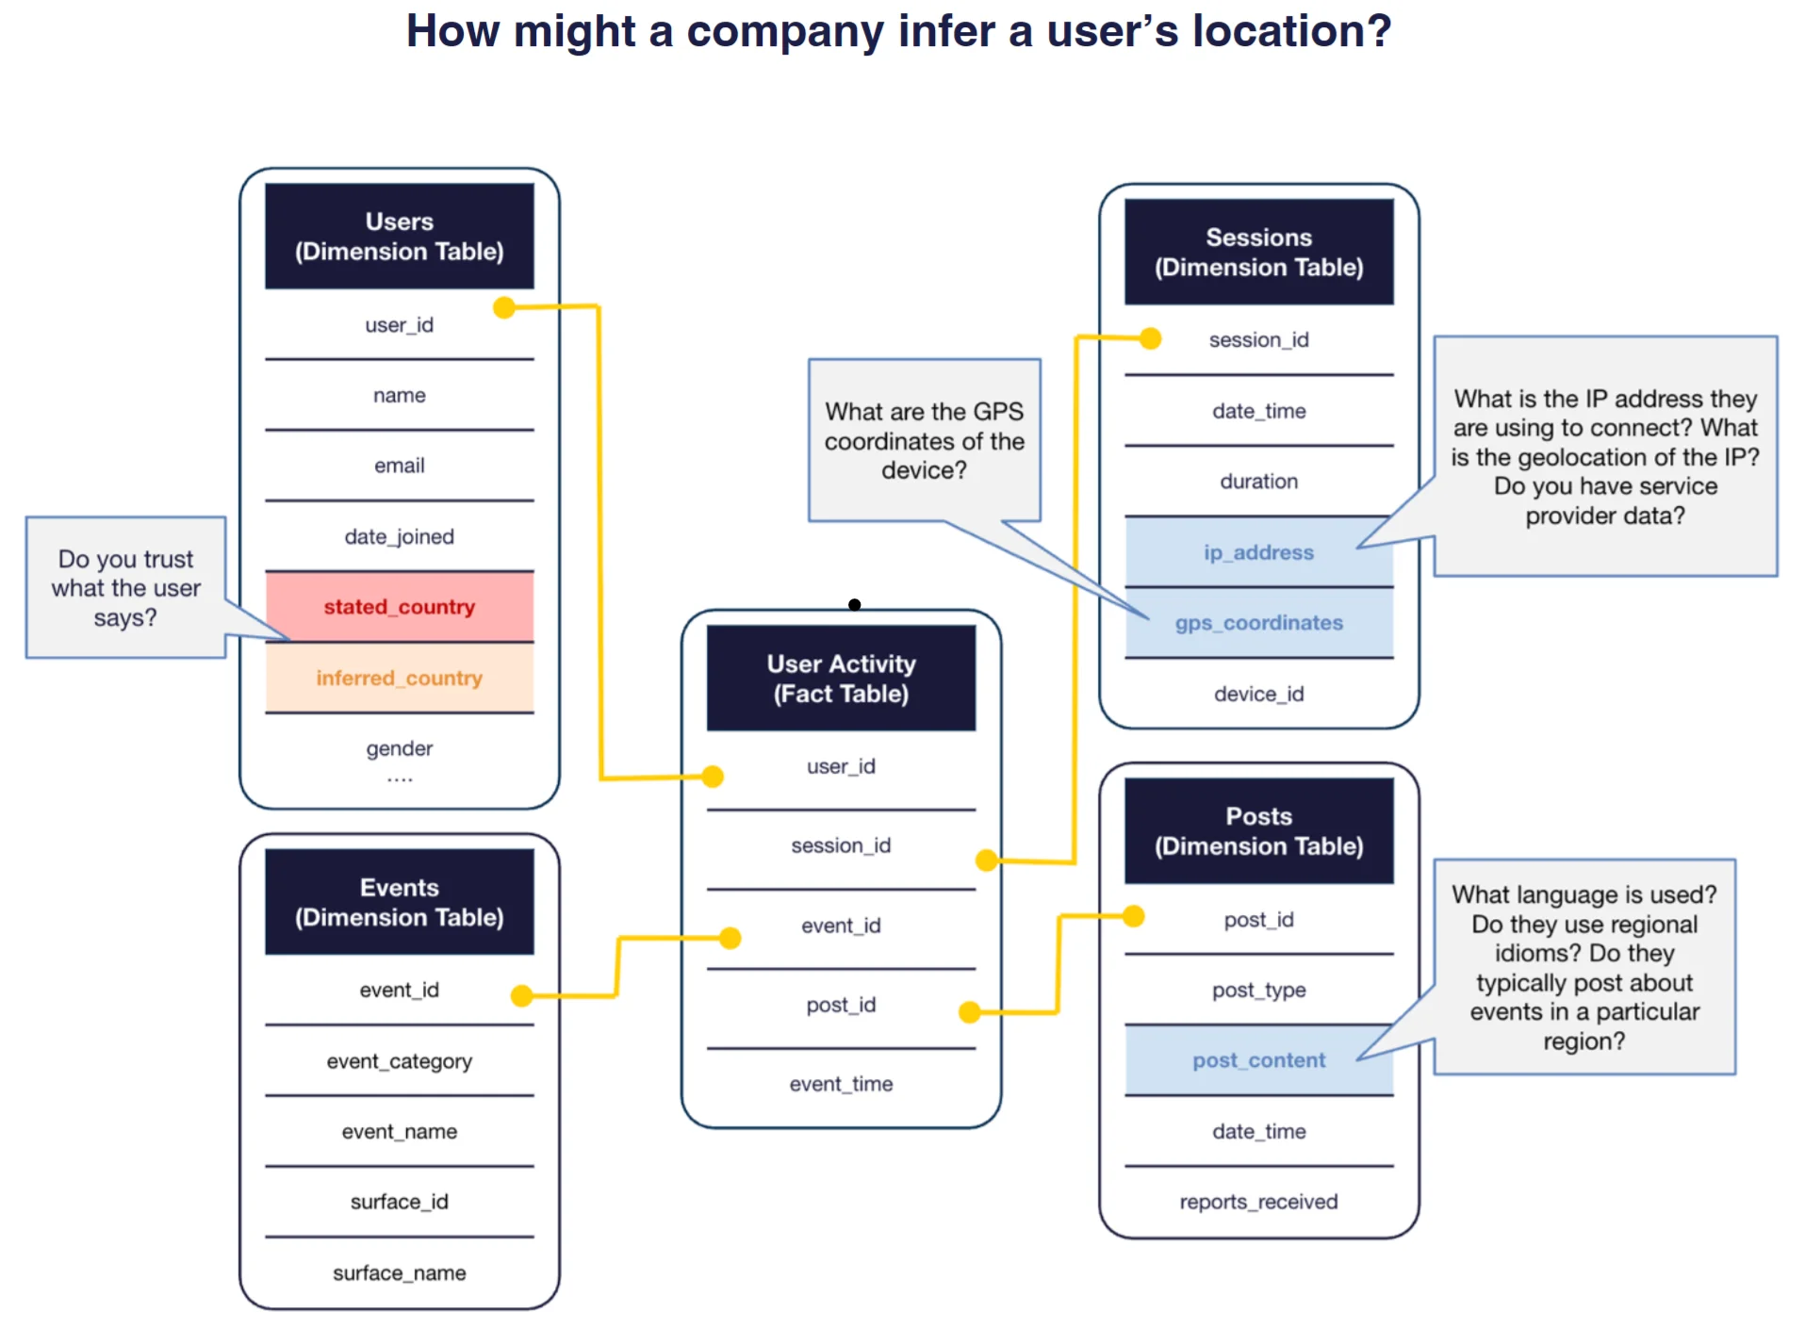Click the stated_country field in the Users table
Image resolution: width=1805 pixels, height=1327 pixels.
coord(399,607)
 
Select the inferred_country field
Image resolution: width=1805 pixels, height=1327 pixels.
coord(399,678)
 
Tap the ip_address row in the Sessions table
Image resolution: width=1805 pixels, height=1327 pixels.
coord(1258,552)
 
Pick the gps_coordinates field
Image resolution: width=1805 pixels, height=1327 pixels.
coord(1258,623)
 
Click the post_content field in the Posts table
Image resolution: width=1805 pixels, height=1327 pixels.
coord(1258,1060)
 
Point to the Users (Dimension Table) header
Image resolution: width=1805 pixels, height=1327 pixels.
coord(399,237)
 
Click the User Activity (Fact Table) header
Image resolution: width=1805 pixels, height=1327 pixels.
coord(841,679)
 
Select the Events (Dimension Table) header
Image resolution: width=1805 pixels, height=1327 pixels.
coord(399,902)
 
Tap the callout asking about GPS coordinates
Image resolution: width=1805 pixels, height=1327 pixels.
coord(924,440)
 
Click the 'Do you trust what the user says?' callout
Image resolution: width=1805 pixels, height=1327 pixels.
coord(125,587)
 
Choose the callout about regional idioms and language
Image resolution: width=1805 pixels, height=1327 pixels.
coord(1583,966)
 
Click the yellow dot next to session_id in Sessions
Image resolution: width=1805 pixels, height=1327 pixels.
coord(1150,338)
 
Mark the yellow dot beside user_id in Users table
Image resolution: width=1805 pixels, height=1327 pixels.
coord(504,307)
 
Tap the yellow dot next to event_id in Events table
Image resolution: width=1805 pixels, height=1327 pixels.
coord(521,995)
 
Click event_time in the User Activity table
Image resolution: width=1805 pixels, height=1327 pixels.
coord(841,1084)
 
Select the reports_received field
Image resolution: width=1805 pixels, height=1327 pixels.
coord(1258,1202)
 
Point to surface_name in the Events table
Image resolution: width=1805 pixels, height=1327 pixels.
coord(399,1273)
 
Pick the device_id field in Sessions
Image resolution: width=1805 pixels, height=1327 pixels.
coord(1258,694)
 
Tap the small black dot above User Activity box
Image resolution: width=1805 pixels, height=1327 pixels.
coord(854,604)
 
